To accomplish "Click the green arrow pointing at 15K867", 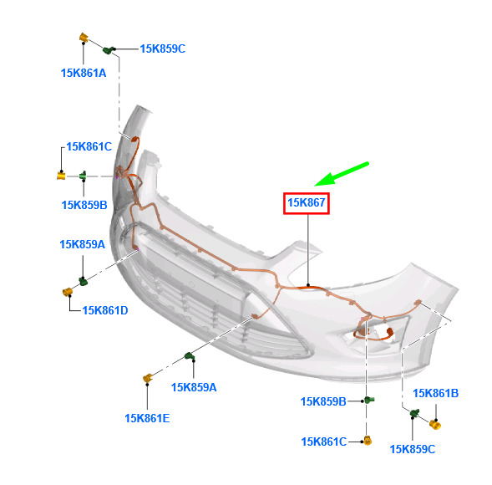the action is click(x=342, y=174).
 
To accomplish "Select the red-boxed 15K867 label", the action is click(x=307, y=203).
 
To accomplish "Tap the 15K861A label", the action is click(x=84, y=74).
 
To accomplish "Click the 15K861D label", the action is click(x=105, y=311).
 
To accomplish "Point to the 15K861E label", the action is click(x=147, y=418).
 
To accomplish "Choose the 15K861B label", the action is click(x=435, y=393).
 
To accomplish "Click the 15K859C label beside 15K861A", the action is click(x=163, y=49).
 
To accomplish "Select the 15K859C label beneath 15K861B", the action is click(x=413, y=450).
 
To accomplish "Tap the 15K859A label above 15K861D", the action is click(x=82, y=244).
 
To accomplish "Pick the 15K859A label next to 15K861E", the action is click(x=194, y=388).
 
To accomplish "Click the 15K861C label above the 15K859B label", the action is click(x=89, y=146).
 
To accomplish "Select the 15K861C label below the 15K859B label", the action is click(x=324, y=442).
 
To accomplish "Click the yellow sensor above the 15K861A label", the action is click(x=84, y=37).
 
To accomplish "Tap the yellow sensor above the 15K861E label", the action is click(x=148, y=378).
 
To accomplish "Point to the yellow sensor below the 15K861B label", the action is click(x=435, y=425).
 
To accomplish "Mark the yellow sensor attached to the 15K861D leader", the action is click(x=68, y=292).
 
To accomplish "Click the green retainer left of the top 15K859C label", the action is click(x=109, y=49).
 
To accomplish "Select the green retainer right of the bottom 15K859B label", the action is click(x=370, y=400).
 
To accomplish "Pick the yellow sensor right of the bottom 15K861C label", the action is click(x=368, y=441).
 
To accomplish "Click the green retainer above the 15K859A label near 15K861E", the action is click(x=190, y=356).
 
